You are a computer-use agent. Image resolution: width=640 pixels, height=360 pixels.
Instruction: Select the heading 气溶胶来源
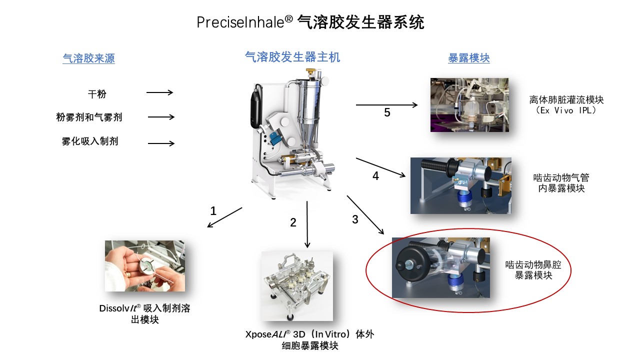click(88, 58)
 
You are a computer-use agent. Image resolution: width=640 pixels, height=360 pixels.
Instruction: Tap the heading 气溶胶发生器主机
click(292, 57)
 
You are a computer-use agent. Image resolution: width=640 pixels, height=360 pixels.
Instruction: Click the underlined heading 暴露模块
click(469, 58)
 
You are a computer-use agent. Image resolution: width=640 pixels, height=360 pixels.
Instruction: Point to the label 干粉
click(97, 93)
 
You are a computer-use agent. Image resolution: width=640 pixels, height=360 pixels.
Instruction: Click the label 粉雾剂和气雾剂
click(89, 117)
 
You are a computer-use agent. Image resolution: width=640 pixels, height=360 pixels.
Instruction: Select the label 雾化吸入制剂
click(90, 141)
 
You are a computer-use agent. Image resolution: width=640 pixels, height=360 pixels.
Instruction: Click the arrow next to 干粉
click(159, 92)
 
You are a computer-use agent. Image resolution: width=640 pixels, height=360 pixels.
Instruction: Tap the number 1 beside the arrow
click(213, 211)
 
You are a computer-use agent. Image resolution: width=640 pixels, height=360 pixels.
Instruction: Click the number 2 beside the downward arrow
click(293, 223)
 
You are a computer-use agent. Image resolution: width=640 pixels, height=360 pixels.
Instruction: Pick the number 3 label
click(355, 219)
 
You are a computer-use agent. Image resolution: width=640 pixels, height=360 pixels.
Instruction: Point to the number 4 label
click(376, 176)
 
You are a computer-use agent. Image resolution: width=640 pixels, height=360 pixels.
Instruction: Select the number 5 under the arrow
click(387, 112)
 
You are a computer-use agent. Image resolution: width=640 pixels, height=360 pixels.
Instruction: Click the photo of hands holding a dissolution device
click(144, 266)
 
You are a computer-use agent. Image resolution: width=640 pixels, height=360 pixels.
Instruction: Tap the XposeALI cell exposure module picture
click(296, 286)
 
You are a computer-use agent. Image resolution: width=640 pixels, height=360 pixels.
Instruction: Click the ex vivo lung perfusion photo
click(469, 105)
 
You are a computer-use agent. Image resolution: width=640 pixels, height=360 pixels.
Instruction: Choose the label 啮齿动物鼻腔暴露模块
click(533, 270)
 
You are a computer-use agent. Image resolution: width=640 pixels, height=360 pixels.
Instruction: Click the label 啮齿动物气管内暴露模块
click(561, 183)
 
